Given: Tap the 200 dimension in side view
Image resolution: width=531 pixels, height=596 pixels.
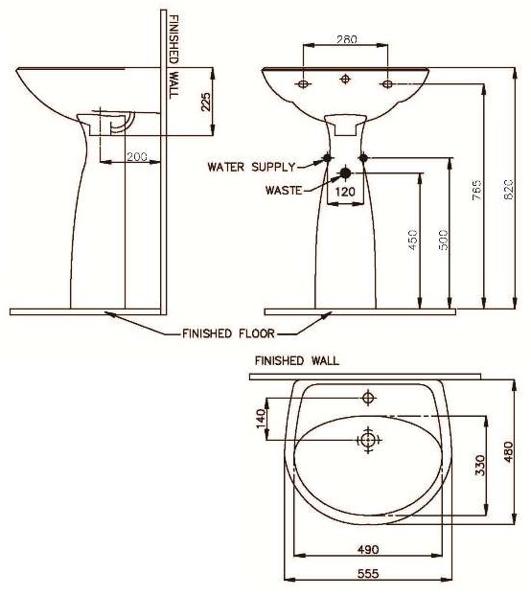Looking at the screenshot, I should tap(138, 156).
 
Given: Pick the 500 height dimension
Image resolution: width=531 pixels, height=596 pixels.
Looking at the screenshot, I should tap(442, 241).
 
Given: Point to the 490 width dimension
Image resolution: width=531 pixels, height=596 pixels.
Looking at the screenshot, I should tap(368, 550).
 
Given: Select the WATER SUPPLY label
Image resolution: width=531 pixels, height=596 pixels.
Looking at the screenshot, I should tap(252, 167).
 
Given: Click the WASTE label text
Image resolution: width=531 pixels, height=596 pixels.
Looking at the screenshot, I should tap(284, 190).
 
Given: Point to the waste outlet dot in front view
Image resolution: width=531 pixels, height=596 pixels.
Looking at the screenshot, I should tap(345, 174).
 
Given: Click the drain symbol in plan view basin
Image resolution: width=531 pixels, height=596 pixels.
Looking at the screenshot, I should tap(368, 440).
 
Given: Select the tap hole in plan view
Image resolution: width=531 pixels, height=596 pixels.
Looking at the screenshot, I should tap(368, 396).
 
